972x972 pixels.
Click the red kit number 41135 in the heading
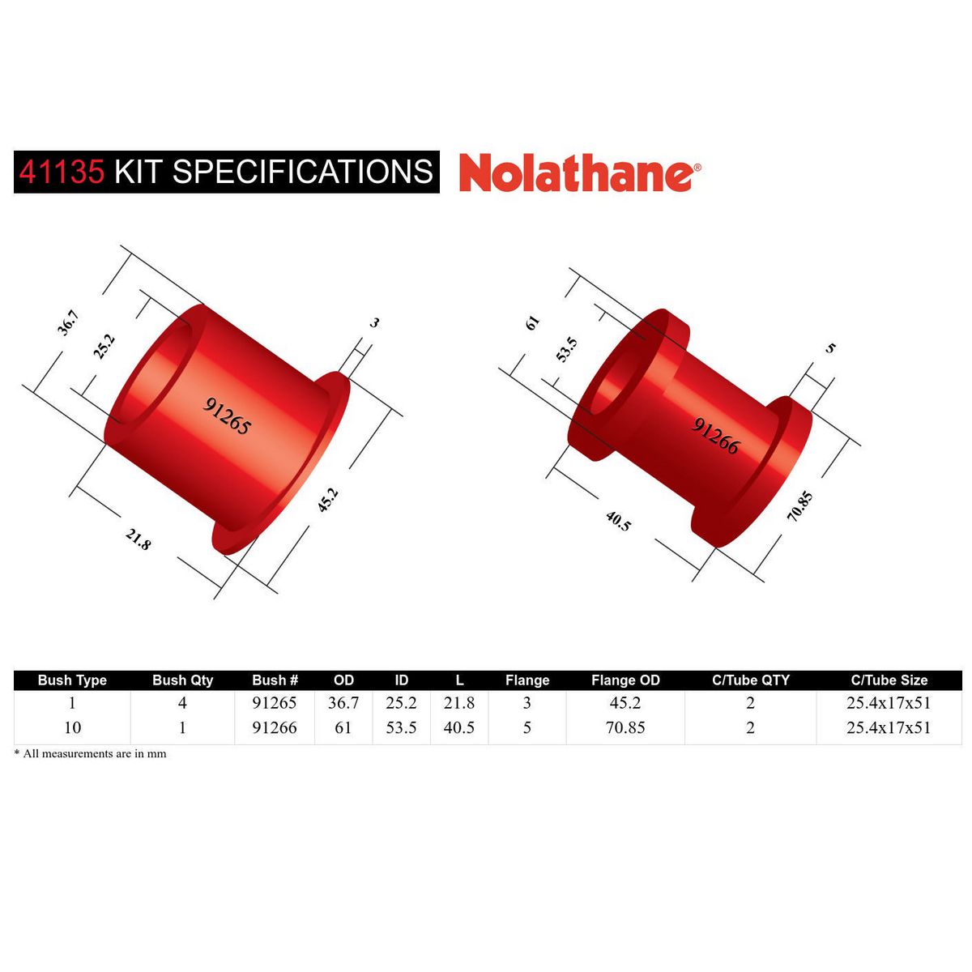62,172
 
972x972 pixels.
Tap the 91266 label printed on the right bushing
716,435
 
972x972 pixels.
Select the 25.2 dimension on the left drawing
104,346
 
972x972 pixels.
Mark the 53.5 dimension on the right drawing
568,349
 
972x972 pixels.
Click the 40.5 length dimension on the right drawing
618,520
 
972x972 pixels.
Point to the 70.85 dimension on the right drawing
799,506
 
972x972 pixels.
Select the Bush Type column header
72,680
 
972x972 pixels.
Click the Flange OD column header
625,680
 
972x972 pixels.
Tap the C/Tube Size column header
889,680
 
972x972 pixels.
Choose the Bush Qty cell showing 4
182,703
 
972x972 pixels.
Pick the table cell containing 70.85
625,727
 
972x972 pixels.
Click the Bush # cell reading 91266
275,727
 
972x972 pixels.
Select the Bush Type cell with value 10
72,727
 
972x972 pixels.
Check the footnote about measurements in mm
91,753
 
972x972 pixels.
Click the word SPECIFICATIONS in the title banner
303,172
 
